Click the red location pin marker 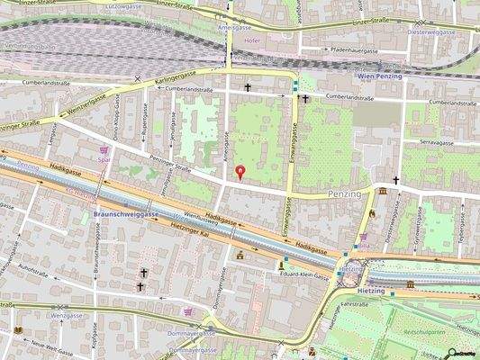click(239, 171)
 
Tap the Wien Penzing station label click(378, 77)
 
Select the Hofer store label click(252, 40)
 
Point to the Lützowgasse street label click(123, 6)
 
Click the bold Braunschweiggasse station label click(126, 214)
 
